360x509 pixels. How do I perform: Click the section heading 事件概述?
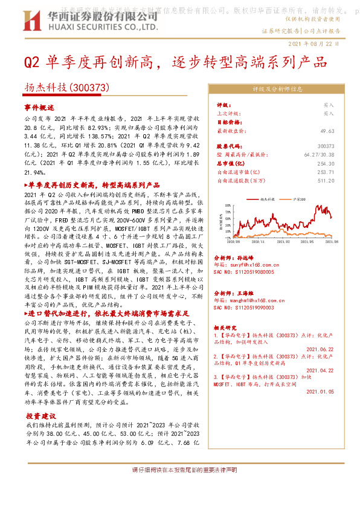coord(39,107)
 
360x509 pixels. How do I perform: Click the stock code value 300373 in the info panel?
coord(325,146)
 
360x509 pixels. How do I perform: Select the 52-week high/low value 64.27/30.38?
coord(318,155)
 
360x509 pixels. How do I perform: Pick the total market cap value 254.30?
coord(325,163)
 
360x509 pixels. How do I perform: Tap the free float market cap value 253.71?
coord(325,172)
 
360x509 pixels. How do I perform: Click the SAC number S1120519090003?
coord(245,308)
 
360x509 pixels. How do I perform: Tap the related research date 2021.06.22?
coord(320,349)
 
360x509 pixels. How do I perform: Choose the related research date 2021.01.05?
coord(320,392)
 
